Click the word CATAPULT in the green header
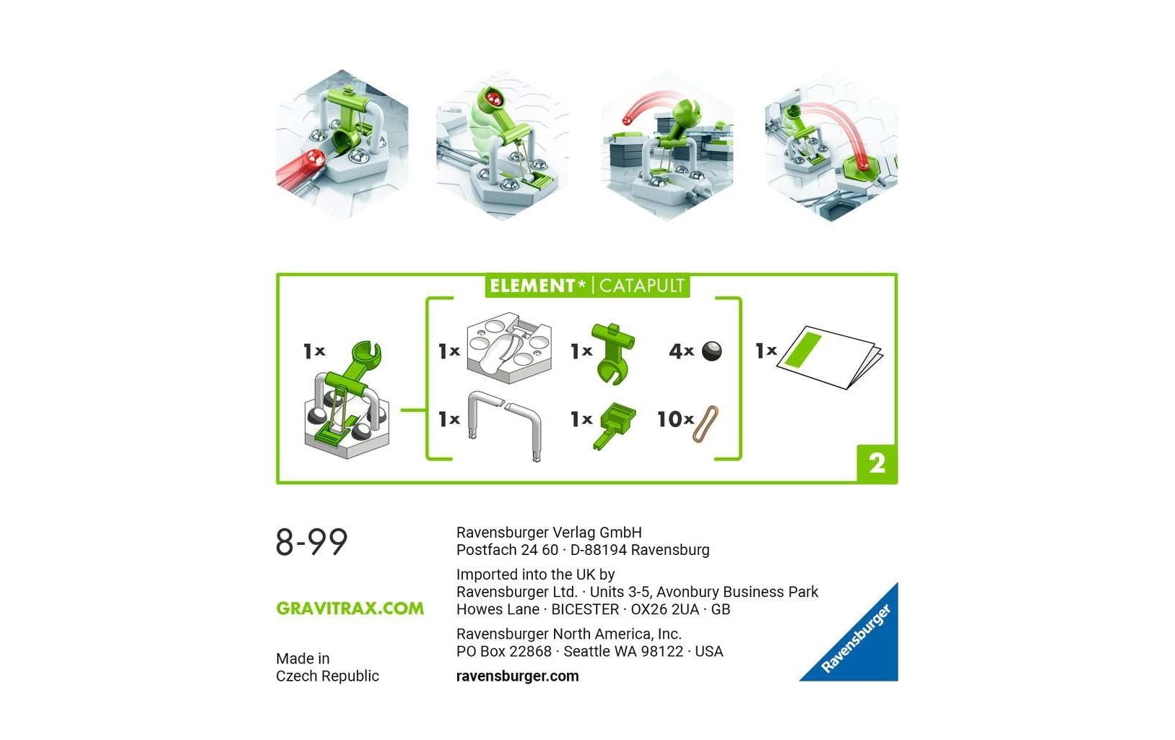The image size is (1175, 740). (641, 285)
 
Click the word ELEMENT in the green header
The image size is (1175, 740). (532, 285)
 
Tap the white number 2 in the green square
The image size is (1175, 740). (877, 463)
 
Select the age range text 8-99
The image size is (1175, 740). (311, 542)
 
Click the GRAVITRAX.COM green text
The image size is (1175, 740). (350, 608)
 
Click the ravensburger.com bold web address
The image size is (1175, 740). (517, 676)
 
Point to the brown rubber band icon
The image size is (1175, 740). (706, 423)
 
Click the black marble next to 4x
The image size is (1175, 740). (711, 351)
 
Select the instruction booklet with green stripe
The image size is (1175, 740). (828, 356)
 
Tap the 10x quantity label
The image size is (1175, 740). (675, 419)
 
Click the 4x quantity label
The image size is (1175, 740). (681, 351)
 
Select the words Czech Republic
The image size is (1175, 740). (327, 676)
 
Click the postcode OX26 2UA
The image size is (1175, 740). (664, 609)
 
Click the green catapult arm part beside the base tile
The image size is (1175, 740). (611, 351)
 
